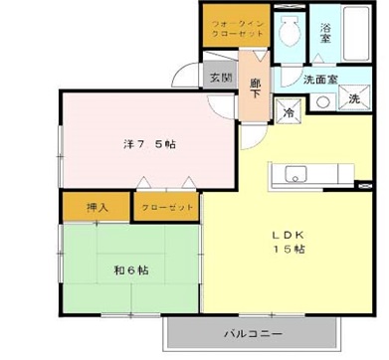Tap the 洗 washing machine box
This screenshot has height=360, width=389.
(x=353, y=99)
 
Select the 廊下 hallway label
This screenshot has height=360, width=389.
(x=256, y=88)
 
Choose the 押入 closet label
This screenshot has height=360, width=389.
(x=97, y=208)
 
